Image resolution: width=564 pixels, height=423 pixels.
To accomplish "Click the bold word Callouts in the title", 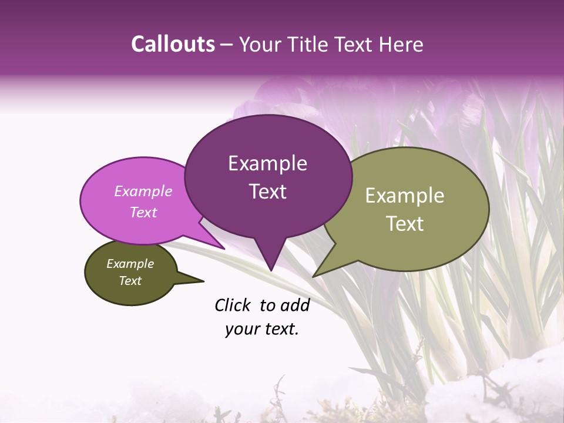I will pos(173,44).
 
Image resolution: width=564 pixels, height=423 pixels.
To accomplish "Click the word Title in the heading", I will pos(308,44).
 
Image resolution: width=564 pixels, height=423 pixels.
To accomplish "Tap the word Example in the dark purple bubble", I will pos(267,163).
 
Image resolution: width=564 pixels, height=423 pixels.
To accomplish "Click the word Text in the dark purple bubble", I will pos(267,192).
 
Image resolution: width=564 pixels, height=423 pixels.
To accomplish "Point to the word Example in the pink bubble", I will pos(143,191).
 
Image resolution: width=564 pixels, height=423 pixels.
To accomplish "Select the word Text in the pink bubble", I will pos(143,212).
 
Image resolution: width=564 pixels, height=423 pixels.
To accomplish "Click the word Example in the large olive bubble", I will pos(405,196).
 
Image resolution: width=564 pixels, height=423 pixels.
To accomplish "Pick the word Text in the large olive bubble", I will pos(405,224).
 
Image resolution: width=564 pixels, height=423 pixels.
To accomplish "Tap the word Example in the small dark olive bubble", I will pos(130,264).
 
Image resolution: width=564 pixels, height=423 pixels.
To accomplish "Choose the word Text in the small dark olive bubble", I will pos(130,281).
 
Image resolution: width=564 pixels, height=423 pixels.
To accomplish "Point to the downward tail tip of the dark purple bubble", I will pos(271,270).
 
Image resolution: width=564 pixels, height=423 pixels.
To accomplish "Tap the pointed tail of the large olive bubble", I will pos(315,275).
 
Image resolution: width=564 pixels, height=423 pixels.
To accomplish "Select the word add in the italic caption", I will pos(295,305).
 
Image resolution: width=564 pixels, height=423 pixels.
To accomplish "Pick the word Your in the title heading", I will pos(260,44).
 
